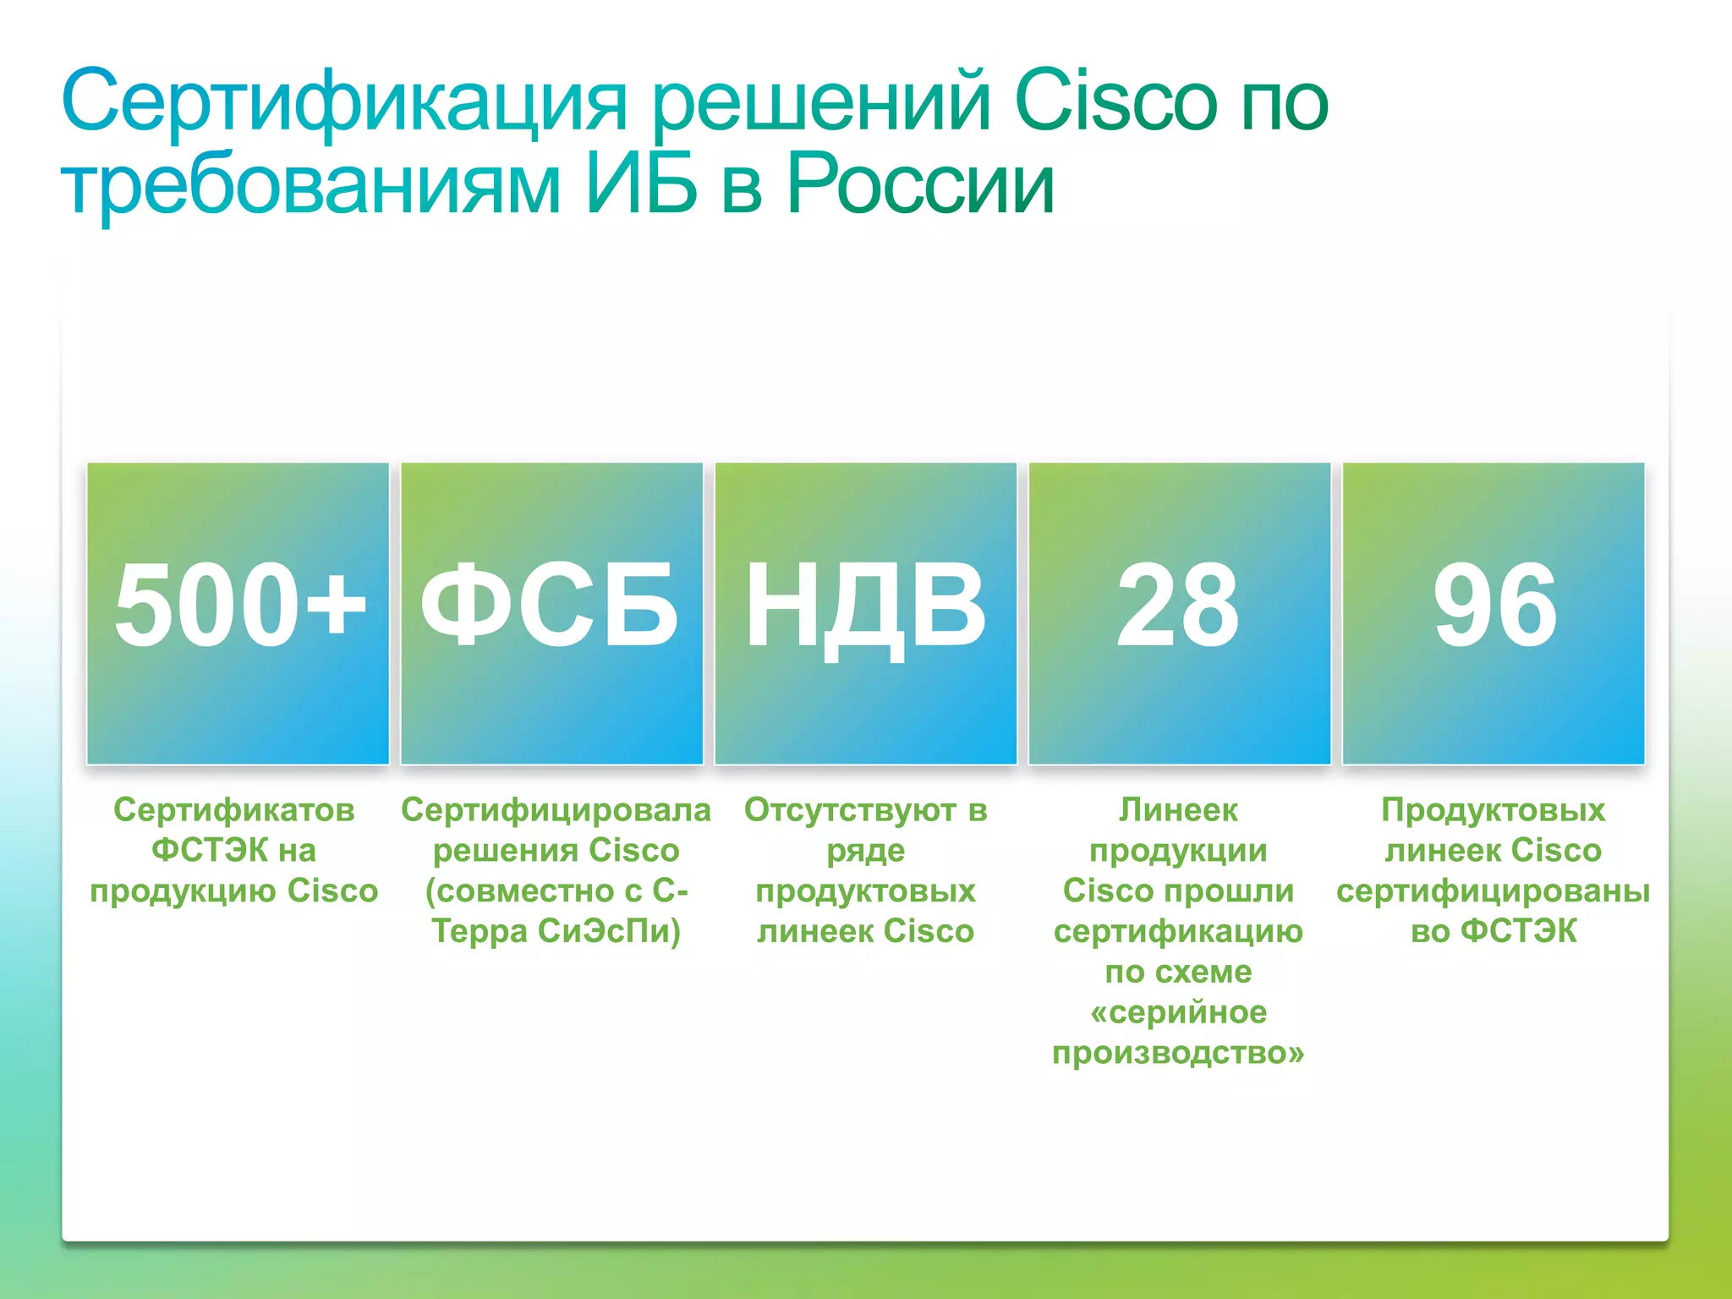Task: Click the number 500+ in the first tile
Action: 239,606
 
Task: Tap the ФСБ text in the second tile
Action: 550,606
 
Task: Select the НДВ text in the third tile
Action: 865,606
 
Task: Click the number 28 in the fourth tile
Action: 1178,606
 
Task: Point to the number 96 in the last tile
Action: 1494,606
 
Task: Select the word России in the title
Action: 920,184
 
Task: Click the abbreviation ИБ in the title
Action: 641,184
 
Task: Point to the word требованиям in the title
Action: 311,184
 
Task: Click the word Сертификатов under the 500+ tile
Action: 234,810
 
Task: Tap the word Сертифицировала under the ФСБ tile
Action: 556,810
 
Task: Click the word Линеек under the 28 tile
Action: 1178,810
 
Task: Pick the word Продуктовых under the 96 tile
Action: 1494,810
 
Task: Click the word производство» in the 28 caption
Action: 1178,1054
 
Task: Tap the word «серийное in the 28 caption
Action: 1178,1012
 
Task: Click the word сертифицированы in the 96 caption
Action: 1494,891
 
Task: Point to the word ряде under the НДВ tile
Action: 865,851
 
